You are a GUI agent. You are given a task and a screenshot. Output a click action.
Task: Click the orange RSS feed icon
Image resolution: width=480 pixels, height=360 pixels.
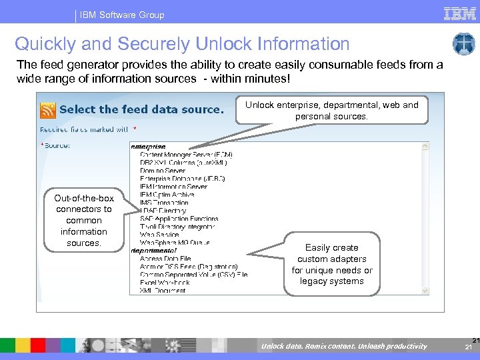pyautogui.click(x=48, y=109)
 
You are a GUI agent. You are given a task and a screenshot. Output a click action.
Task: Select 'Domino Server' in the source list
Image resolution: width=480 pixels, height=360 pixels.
pyautogui.click(x=163, y=171)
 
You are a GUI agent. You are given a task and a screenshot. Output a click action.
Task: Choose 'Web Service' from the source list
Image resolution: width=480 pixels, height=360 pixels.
pyautogui.click(x=160, y=234)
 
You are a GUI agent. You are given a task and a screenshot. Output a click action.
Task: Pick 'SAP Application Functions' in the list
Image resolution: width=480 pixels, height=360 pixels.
pyautogui.click(x=179, y=219)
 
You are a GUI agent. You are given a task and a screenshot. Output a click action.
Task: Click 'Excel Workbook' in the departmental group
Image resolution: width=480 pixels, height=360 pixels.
pyautogui.click(x=165, y=282)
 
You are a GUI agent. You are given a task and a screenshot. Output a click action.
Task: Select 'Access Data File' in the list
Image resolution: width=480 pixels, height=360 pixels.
pyautogui.click(x=165, y=258)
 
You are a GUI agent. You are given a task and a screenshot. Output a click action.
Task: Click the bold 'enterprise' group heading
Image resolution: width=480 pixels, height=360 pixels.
pyautogui.click(x=148, y=147)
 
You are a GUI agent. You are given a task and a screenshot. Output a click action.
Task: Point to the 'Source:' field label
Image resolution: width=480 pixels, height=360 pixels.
pyautogui.click(x=57, y=145)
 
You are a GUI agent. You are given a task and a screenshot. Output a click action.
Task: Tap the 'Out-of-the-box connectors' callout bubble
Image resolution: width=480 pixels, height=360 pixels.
pyautogui.click(x=83, y=220)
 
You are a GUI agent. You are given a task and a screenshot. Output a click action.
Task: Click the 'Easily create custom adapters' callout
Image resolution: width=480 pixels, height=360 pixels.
pyautogui.click(x=332, y=264)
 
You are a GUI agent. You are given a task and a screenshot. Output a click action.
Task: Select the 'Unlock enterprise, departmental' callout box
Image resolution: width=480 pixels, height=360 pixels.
pyautogui.click(x=331, y=111)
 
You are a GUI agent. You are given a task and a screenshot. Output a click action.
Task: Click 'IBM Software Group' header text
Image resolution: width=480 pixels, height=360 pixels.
pyautogui.click(x=123, y=15)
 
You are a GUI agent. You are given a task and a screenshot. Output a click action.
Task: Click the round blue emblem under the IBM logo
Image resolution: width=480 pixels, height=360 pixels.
pyautogui.click(x=463, y=44)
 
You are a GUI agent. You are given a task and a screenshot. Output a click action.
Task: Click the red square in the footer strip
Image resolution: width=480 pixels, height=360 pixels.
pyautogui.click(x=38, y=345)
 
